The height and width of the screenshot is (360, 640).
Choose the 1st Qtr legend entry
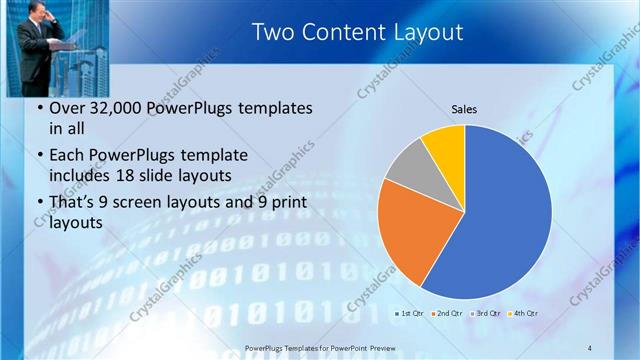tap(409, 314)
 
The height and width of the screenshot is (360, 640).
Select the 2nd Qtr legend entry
tap(446, 314)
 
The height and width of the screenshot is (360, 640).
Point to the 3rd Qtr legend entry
tap(486, 314)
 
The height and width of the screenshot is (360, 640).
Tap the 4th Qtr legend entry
tap(523, 314)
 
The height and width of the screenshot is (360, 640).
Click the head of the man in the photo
tap(40, 14)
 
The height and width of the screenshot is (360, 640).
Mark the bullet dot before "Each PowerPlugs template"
tap(38, 155)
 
